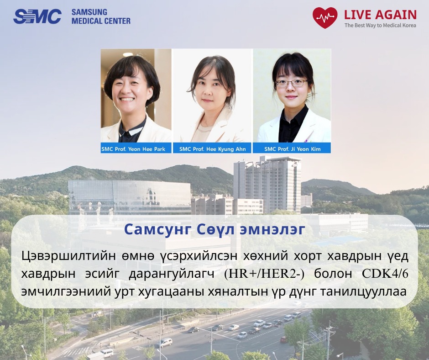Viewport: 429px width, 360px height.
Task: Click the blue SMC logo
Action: point(37,16)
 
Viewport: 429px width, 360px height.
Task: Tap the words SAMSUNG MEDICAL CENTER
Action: point(101,16)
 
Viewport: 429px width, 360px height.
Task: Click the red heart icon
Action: point(325,18)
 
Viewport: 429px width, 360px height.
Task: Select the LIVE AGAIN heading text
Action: point(380,15)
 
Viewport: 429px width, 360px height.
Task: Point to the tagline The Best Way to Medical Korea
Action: point(380,26)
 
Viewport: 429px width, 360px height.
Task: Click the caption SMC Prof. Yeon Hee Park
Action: point(134,149)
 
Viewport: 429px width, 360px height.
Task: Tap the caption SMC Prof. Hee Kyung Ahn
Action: point(213,149)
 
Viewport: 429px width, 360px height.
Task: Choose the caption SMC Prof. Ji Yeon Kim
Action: point(292,149)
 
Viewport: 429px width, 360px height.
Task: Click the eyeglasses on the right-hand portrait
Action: point(292,83)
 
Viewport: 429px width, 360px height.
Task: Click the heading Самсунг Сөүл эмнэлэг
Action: point(214,230)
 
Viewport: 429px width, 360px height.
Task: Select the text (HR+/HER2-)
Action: point(264,274)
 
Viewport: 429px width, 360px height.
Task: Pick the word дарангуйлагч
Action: point(172,275)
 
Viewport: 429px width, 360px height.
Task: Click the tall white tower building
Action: point(267,185)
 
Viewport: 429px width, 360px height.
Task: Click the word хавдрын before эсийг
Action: point(48,275)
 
